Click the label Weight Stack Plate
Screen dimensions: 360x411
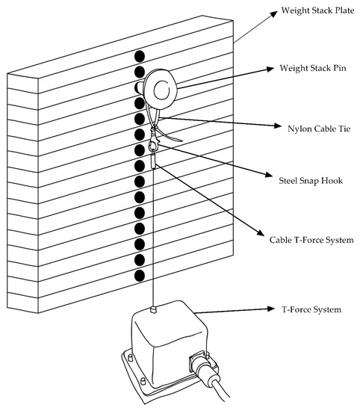317,10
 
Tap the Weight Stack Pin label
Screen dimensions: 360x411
313,68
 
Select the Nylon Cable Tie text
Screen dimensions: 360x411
319,129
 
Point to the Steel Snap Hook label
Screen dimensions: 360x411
311,181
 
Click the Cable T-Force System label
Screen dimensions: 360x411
311,240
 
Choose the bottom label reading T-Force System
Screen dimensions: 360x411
311,309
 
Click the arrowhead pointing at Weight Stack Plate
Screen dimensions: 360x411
273,13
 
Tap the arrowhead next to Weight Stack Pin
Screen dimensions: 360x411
270,69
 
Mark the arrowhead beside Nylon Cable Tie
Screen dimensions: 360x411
278,126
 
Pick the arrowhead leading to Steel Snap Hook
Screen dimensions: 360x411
270,174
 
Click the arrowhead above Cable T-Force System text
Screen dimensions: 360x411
261,232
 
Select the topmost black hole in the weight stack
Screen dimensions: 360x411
140,56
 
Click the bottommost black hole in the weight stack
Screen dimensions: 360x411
140,276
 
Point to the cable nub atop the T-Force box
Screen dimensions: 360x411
154,309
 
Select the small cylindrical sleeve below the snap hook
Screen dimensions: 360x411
154,161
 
